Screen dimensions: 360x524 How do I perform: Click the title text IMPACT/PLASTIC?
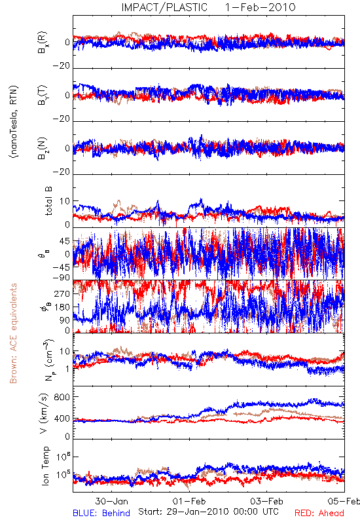click(x=164, y=7)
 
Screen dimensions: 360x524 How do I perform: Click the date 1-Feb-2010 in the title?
click(x=260, y=7)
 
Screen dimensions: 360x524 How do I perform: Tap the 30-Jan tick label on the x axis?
click(x=111, y=501)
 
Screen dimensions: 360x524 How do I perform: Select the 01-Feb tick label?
click(x=189, y=501)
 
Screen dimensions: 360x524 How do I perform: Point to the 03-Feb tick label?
click(x=266, y=501)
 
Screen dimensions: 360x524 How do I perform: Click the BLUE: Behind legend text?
click(x=101, y=513)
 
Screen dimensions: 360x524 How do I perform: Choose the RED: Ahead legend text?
click(x=319, y=513)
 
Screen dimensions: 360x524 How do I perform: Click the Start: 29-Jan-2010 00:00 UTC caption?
click(x=208, y=512)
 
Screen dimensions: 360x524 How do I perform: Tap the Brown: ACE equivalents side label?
click(x=13, y=333)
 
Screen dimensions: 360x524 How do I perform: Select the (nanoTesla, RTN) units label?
click(x=14, y=122)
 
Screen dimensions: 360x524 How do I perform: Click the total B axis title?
click(x=48, y=201)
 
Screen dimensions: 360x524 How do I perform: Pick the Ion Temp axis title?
click(x=45, y=466)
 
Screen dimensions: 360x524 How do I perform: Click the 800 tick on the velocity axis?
click(x=62, y=397)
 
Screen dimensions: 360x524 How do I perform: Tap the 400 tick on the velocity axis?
click(x=62, y=419)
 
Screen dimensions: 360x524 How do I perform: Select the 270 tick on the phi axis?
click(x=62, y=293)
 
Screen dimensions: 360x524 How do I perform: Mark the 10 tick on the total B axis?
click(x=65, y=201)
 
